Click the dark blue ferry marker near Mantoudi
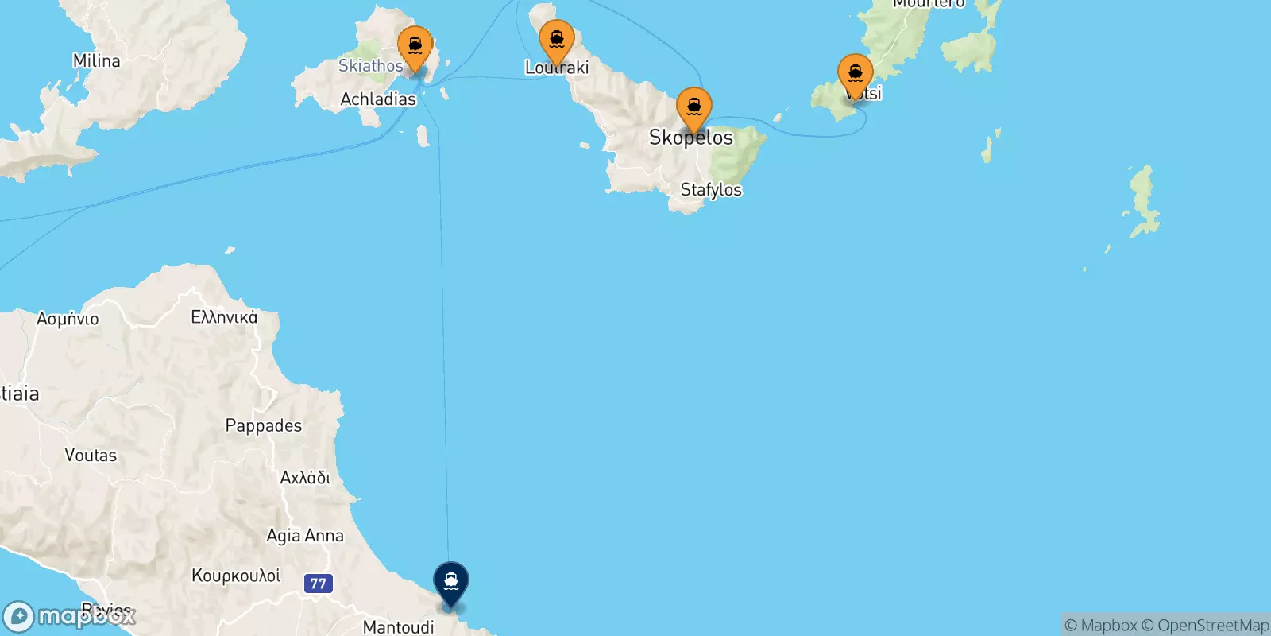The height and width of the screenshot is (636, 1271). [451, 583]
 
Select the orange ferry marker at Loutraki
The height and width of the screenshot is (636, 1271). [557, 41]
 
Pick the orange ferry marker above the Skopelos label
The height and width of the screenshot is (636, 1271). [693, 108]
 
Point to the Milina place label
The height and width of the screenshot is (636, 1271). [96, 61]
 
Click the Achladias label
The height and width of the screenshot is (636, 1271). [378, 99]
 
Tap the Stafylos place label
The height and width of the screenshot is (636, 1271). [711, 190]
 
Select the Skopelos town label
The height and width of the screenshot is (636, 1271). [691, 138]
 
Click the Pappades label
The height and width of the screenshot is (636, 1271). [263, 425]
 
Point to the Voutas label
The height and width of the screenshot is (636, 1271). [91, 456]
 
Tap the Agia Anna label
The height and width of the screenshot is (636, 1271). [305, 536]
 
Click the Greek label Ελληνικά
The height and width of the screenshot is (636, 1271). [224, 317]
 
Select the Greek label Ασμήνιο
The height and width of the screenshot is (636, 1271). [68, 319]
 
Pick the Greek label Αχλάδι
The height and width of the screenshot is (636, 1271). [305, 478]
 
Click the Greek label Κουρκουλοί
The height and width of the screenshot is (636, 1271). [236, 576]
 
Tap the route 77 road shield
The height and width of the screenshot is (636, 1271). [318, 584]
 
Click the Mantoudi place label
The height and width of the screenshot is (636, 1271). [398, 627]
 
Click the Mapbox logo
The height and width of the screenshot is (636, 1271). [70, 616]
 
